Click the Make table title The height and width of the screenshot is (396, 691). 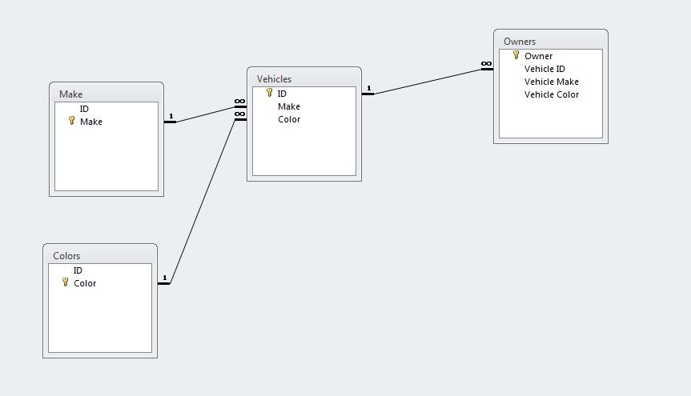pyautogui.click(x=70, y=94)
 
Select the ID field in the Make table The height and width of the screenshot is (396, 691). pyautogui.click(x=84, y=109)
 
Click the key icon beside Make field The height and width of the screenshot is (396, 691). pyautogui.click(x=71, y=121)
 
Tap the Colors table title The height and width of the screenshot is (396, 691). pyautogui.click(x=66, y=256)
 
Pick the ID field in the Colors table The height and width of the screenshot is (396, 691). pyautogui.click(x=78, y=270)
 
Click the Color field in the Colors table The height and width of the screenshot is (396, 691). pyautogui.click(x=85, y=283)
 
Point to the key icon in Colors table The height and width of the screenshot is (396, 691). pyautogui.click(x=65, y=282)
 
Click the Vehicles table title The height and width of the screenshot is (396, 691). pyautogui.click(x=274, y=79)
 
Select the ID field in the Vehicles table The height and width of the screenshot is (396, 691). pyautogui.click(x=282, y=94)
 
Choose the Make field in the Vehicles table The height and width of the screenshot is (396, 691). pyautogui.click(x=289, y=106)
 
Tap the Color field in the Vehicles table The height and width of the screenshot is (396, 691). pyautogui.click(x=289, y=119)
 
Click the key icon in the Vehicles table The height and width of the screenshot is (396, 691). pyautogui.click(x=269, y=93)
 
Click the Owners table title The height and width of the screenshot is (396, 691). pyautogui.click(x=520, y=42)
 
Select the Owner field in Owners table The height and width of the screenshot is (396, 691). pyautogui.click(x=538, y=56)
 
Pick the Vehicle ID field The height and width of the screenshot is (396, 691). pyautogui.click(x=544, y=69)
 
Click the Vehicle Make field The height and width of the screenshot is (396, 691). pyautogui.click(x=551, y=82)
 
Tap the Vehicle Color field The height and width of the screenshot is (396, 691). pyautogui.click(x=551, y=94)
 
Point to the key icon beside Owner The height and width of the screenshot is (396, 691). pyautogui.click(x=516, y=55)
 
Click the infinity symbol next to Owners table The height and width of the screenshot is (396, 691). pyautogui.click(x=486, y=64)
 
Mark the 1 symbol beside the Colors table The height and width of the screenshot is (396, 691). pyautogui.click(x=164, y=278)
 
